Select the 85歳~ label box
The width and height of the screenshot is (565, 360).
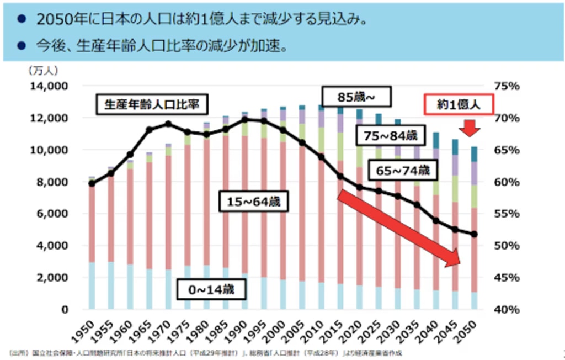click(356, 97)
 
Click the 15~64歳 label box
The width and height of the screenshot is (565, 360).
click(253, 202)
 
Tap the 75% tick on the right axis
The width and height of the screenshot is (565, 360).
click(508, 86)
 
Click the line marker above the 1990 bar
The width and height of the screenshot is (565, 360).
click(246, 119)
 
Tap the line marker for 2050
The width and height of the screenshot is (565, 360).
click(474, 235)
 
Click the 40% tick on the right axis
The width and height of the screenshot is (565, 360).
click(508, 309)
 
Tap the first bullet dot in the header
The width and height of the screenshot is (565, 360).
click(22, 19)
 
